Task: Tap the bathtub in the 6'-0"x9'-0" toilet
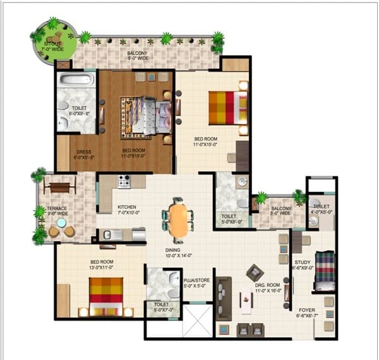point(76,80)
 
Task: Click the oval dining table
point(178,220)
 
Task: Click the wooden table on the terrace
point(59,187)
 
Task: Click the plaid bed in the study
point(324,270)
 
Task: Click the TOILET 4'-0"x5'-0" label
point(321,210)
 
